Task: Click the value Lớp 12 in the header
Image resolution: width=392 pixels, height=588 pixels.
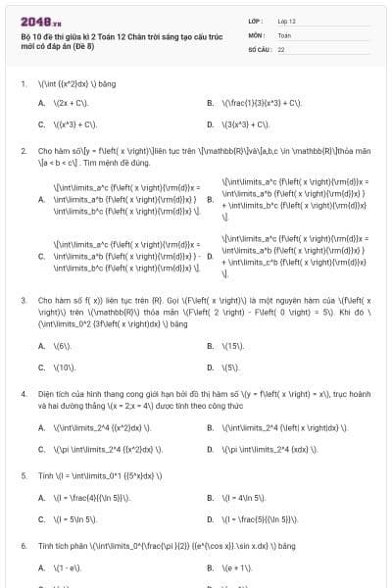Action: point(286,21)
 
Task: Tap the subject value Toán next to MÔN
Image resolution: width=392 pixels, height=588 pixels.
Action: point(284,34)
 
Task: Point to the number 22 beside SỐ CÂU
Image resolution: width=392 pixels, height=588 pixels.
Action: point(281,48)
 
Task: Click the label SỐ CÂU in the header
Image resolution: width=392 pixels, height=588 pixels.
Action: point(259,48)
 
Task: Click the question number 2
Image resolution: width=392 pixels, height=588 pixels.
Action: point(23,151)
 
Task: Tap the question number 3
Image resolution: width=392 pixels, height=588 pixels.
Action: point(23,299)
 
